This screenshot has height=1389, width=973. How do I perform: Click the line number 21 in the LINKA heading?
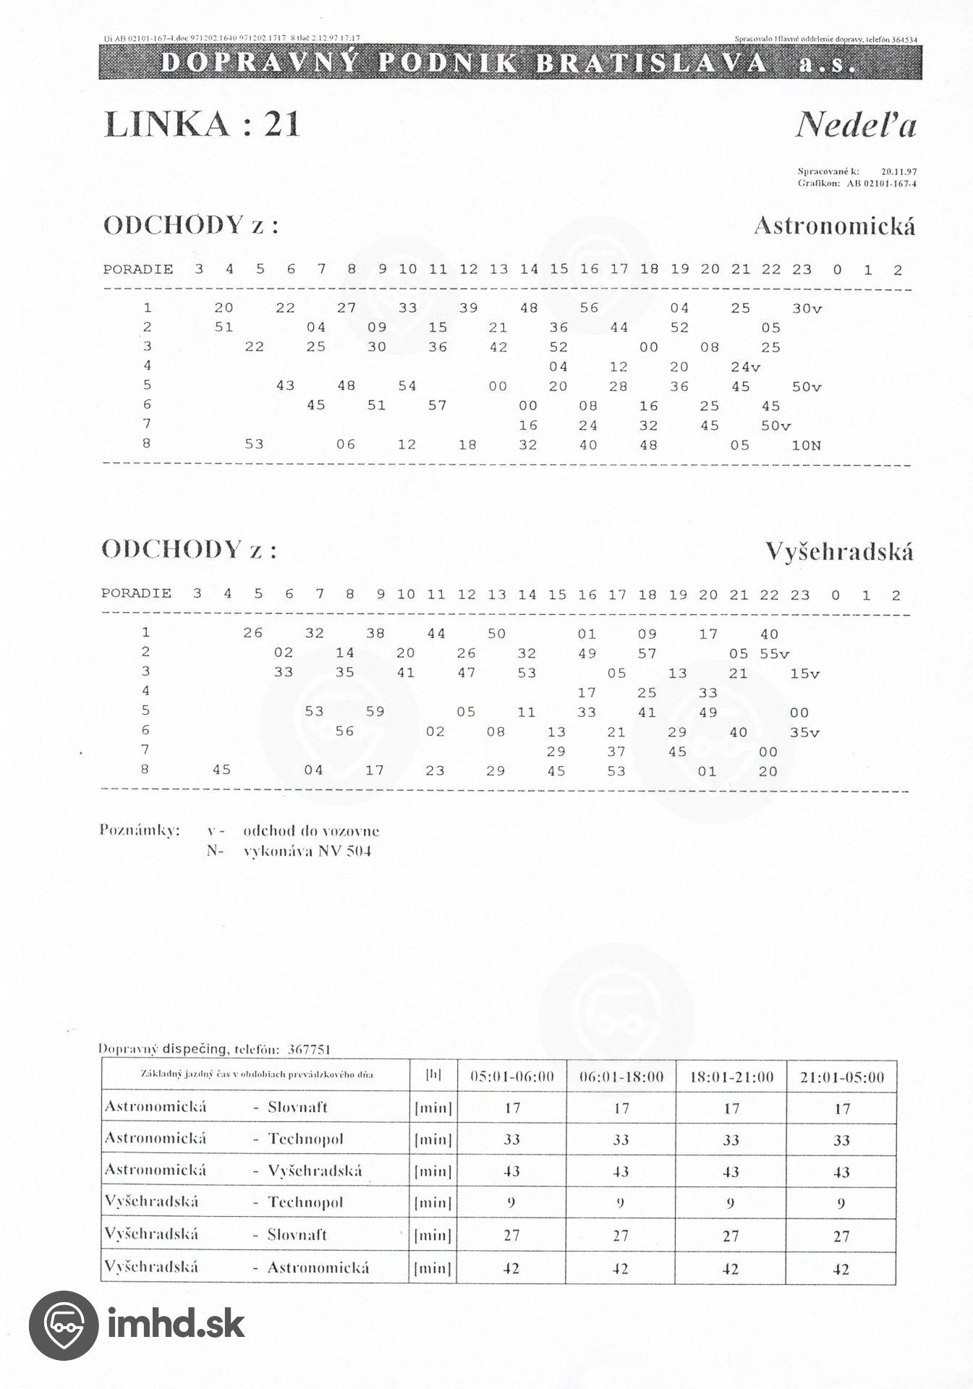(281, 124)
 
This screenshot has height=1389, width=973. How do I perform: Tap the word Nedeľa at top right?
(856, 125)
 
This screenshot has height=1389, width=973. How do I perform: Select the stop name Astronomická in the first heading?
(834, 226)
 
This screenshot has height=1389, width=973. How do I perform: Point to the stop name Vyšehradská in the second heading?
(839, 552)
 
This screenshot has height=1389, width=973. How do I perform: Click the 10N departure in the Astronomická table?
(807, 445)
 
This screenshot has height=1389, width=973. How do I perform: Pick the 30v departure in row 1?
(807, 308)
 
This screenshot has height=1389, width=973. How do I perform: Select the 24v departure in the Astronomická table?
(746, 367)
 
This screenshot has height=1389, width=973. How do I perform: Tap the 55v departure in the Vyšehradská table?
(774, 654)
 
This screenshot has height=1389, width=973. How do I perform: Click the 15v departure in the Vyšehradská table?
(804, 674)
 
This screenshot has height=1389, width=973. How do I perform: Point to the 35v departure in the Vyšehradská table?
(804, 732)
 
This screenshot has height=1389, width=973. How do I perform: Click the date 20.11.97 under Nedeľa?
(899, 172)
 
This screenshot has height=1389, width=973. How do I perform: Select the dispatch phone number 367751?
(309, 1049)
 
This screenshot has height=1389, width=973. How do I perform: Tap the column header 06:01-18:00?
(621, 1077)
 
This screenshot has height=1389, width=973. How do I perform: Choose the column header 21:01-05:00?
(842, 1077)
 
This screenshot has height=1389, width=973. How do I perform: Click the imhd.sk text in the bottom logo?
(176, 1324)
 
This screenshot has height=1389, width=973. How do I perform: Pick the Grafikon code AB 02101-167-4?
(881, 184)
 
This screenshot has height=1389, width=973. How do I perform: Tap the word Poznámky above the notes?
(140, 831)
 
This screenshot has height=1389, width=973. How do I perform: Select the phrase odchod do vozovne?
(311, 831)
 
